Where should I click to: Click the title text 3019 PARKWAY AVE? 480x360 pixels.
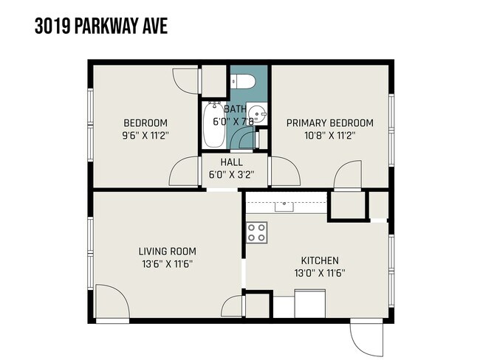pos(101,27)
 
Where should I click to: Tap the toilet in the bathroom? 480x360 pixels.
pos(242,80)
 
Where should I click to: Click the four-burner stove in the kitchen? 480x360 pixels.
pos(257,232)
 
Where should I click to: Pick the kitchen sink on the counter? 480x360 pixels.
pos(284,206)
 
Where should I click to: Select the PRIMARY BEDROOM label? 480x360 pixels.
pos(329,122)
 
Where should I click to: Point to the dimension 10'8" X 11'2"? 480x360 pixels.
pos(329,136)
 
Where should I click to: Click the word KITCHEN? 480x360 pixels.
pos(319,260)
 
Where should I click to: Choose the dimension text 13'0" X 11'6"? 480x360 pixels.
pos(319,273)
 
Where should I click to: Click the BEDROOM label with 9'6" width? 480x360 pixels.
pos(145,122)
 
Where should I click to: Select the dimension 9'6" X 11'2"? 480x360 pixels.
pos(145,136)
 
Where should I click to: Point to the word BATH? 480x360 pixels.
pos(235,108)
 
